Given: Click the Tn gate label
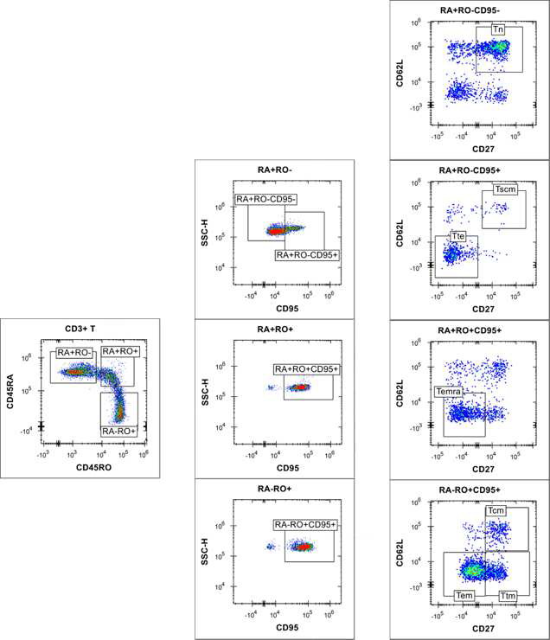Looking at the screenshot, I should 499,29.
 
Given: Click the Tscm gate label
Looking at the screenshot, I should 505,189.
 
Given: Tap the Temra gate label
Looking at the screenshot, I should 447,392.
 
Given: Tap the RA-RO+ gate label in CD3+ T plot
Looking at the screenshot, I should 118,430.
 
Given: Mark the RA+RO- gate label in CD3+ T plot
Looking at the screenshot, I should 76,353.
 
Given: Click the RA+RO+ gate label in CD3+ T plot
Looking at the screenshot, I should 120,351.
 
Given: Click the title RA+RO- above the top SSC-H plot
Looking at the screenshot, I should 272,170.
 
